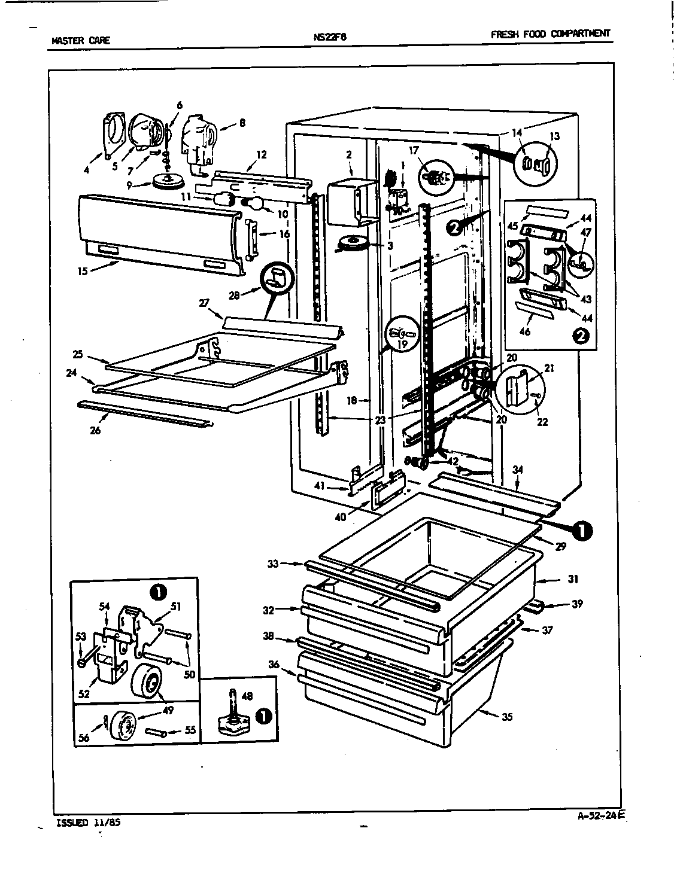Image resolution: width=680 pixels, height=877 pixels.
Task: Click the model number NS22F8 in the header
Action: point(330,36)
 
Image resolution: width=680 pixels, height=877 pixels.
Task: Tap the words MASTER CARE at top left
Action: point(81,41)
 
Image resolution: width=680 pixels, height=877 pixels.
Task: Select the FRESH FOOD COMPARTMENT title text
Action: point(550,34)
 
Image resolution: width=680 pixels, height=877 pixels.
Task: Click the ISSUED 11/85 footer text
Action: point(88,823)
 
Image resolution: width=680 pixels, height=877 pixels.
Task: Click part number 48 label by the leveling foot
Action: point(247,696)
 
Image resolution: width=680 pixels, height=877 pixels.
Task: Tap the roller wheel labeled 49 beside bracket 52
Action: point(147,680)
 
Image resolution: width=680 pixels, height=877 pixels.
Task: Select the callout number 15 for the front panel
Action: point(82,271)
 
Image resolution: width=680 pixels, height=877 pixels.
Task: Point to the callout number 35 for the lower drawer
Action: point(506,717)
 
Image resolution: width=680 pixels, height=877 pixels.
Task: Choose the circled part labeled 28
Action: point(278,280)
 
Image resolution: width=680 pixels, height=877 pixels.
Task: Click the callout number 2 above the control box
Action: point(348,155)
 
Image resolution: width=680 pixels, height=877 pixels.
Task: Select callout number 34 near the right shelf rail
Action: point(518,470)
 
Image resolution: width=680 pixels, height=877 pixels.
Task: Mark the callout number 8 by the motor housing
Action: point(242,123)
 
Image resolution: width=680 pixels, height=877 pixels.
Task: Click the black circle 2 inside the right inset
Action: point(582,336)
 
